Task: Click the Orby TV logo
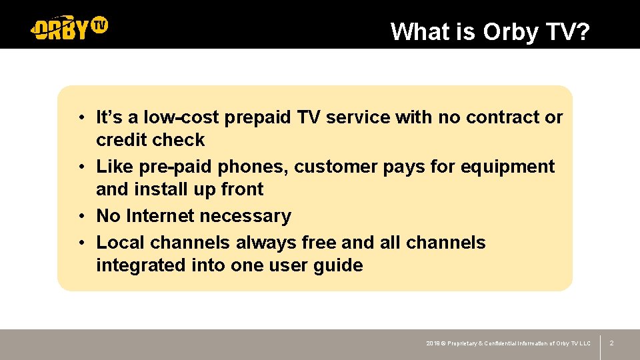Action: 69,27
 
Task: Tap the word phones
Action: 255,166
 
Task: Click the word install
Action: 161,189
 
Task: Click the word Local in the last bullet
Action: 121,243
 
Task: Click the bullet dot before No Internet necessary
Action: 79,216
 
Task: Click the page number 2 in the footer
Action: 611,343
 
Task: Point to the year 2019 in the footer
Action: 433,343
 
